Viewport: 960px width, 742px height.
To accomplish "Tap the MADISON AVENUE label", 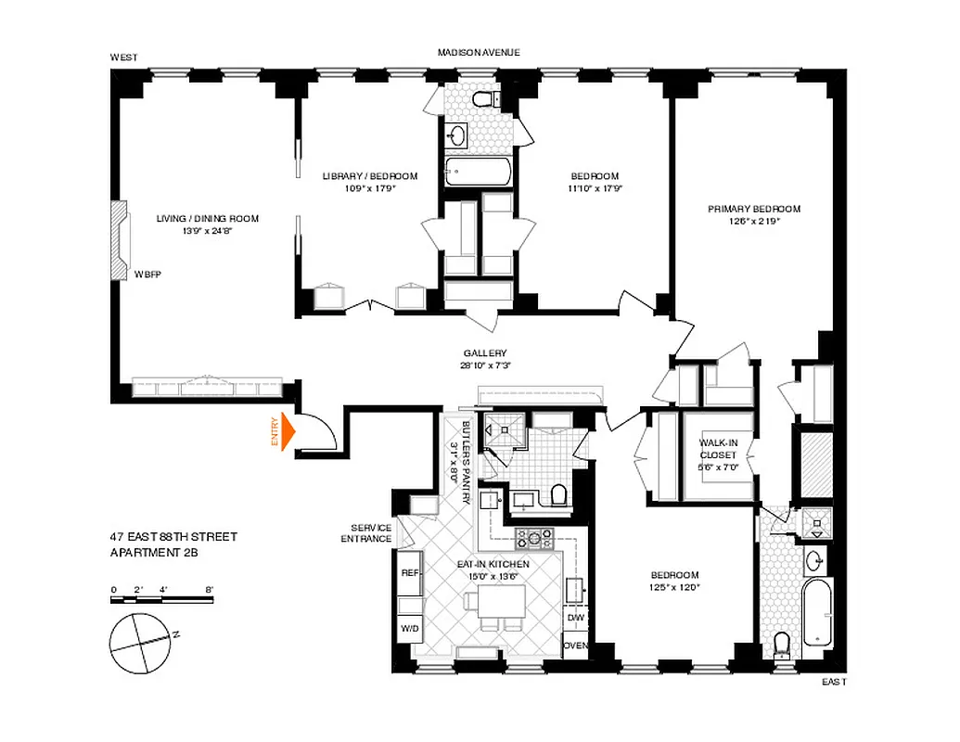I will (x=479, y=53).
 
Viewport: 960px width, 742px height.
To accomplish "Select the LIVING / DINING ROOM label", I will (x=208, y=219).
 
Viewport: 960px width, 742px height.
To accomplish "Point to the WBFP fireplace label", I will (x=147, y=275).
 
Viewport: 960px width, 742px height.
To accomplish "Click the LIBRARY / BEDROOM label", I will (x=370, y=176).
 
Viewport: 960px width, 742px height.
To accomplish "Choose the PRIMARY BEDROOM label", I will (x=753, y=209).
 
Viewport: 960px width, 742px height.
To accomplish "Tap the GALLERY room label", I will (x=485, y=353).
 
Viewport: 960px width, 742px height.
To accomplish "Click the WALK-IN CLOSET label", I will (x=718, y=449).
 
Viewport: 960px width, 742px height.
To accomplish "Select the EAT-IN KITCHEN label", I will (x=493, y=564).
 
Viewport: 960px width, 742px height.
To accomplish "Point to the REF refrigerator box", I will (x=409, y=573).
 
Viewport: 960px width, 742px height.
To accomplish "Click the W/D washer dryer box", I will (x=409, y=629).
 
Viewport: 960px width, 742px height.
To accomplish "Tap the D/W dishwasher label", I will (x=575, y=617).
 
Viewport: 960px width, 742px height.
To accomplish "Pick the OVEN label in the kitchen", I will (x=575, y=646).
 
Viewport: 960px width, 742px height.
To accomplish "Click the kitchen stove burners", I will (x=535, y=537).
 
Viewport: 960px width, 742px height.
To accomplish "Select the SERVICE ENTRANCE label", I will (x=365, y=532).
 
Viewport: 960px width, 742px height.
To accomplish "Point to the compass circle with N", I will (x=141, y=638).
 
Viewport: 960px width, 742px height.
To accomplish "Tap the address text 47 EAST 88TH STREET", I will (x=172, y=537).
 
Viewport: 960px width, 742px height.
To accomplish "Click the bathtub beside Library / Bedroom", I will (x=477, y=172).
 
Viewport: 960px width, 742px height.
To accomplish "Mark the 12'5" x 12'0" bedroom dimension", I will (x=674, y=587).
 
